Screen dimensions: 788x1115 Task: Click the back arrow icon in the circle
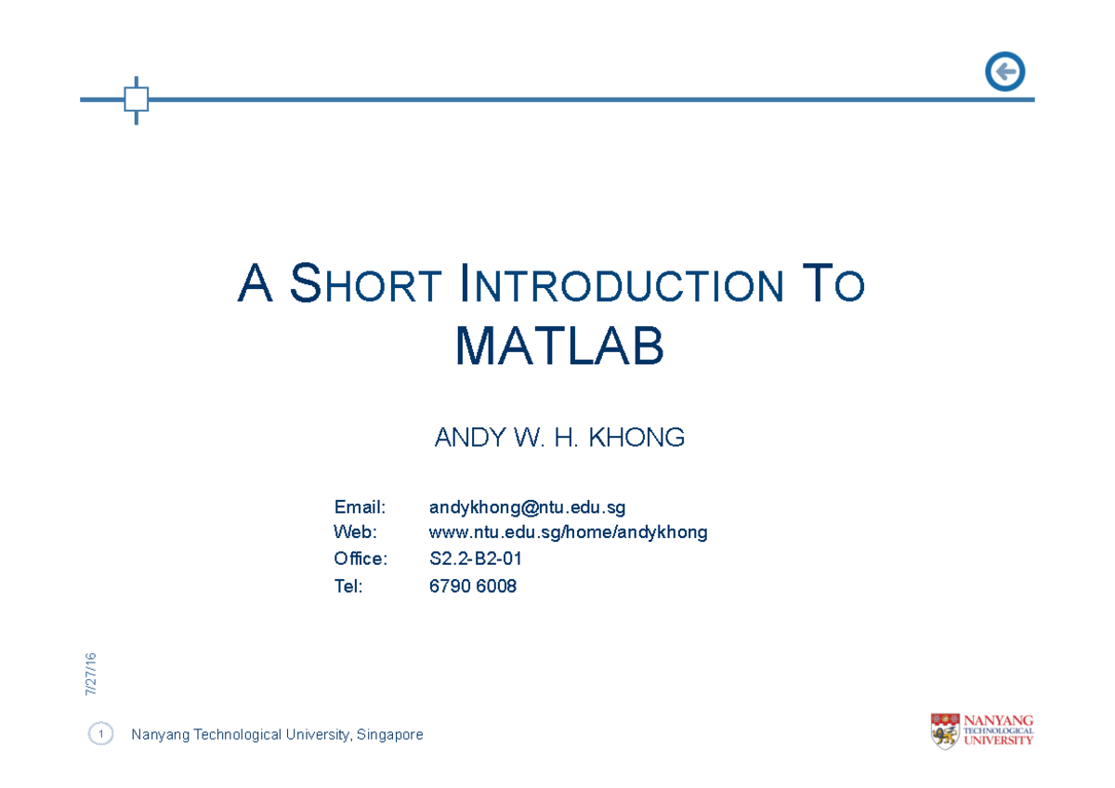coord(1004,72)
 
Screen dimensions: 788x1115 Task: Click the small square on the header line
coord(137,99)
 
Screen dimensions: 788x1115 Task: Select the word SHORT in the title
coord(365,284)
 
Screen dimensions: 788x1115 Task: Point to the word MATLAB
coord(559,347)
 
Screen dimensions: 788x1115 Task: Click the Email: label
coord(360,507)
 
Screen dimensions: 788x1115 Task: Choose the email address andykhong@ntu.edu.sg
coord(527,507)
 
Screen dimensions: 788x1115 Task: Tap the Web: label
coord(356,532)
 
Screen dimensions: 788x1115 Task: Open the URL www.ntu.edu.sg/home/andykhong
coord(568,532)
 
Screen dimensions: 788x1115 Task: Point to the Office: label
coord(361,558)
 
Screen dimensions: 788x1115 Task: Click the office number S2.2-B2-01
coord(476,559)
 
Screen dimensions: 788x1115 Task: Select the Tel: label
coord(348,586)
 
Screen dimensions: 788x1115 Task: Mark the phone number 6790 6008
coord(472,586)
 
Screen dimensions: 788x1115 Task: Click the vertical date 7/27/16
coord(91,675)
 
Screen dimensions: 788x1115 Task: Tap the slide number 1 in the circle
coord(100,735)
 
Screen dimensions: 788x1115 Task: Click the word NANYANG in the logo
coord(999,720)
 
